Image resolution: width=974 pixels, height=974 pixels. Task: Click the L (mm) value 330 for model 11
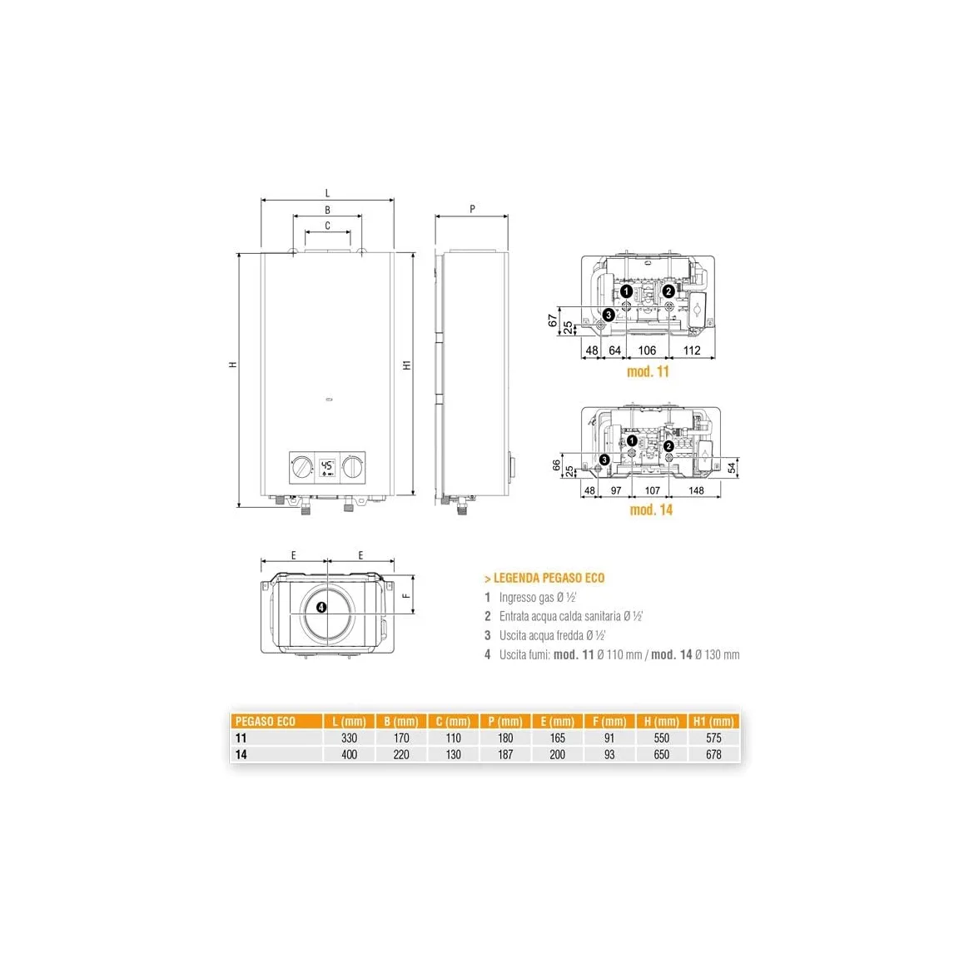pos(349,738)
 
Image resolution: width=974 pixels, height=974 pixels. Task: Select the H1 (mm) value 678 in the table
pos(713,754)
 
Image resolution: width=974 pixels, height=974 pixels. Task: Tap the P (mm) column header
pos(505,721)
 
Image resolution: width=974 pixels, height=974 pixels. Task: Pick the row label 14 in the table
pos(241,754)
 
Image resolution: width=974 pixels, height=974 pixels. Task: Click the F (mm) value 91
pos(609,738)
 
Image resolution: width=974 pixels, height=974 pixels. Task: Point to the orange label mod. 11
pos(648,371)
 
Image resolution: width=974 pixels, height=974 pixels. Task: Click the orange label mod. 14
pos(651,510)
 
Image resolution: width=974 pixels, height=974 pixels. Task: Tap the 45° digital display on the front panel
pos(327,468)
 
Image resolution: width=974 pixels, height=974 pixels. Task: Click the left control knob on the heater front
pos(302,467)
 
